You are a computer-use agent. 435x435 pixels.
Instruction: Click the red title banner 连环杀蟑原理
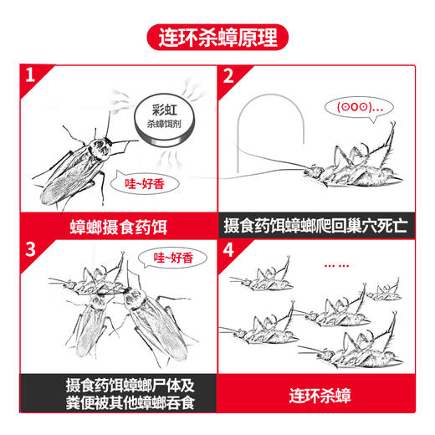click(217, 38)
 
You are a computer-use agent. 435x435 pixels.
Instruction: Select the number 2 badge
click(228, 78)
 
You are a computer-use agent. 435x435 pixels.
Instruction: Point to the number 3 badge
click(31, 250)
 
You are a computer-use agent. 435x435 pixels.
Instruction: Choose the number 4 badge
click(228, 250)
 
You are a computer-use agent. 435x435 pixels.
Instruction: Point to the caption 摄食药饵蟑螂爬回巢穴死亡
click(315, 226)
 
